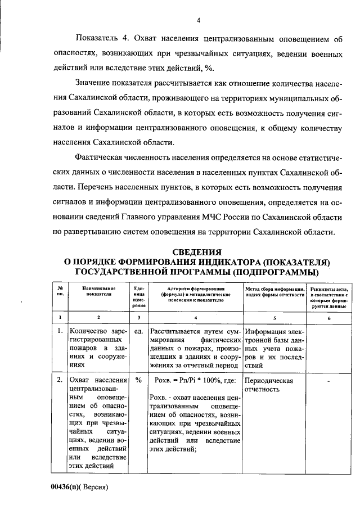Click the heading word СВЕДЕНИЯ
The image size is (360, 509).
pos(197,251)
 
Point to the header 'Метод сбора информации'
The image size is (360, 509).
pos(274,291)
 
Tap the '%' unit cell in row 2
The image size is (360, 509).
pos(138,380)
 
